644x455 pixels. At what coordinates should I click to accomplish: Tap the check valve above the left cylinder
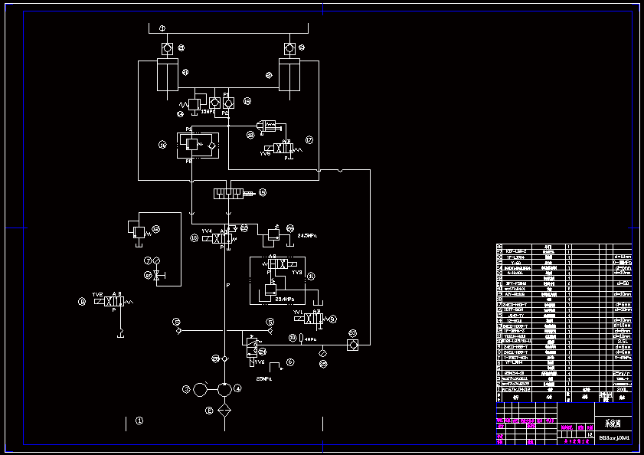pyautogui.click(x=166, y=49)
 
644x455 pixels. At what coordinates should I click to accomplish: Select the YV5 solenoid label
pyautogui.click(x=265, y=153)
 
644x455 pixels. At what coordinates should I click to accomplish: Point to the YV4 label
pyautogui.click(x=206, y=231)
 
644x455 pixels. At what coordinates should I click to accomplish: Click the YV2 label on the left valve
pyautogui.click(x=97, y=294)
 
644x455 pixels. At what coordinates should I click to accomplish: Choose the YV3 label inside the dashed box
pyautogui.click(x=298, y=272)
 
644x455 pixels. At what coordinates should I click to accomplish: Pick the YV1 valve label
pyautogui.click(x=298, y=312)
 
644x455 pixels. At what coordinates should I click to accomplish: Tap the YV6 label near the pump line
pyautogui.click(x=260, y=362)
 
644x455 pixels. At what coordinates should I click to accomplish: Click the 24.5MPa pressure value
pyautogui.click(x=306, y=235)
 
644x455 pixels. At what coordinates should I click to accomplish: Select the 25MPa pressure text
pyautogui.click(x=264, y=378)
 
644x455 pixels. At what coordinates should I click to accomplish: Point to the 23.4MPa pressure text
pyautogui.click(x=284, y=300)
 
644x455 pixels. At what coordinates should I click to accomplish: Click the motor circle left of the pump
pyautogui.click(x=200, y=389)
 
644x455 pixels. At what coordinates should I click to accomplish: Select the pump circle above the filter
pyautogui.click(x=224, y=389)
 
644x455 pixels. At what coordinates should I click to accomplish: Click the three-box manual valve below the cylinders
pyautogui.click(x=228, y=192)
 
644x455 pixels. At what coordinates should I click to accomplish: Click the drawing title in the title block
pyautogui.click(x=612, y=424)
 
